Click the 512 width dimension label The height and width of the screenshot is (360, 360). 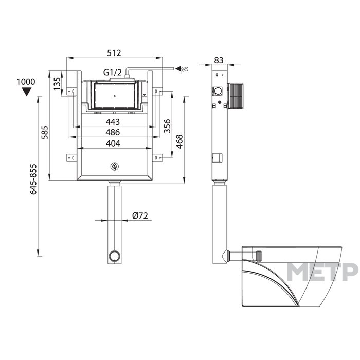coord(114,53)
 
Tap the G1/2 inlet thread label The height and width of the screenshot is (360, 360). coord(113,73)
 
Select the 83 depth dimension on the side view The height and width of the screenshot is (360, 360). coord(219,60)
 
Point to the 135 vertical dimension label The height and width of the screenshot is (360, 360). coord(57,83)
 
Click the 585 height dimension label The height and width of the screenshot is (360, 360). coord(45,132)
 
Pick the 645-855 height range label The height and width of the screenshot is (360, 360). coord(33,179)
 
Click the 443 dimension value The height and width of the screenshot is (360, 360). coord(113,122)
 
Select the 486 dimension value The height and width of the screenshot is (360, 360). coord(113,132)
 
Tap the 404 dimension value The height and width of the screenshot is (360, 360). coord(113,143)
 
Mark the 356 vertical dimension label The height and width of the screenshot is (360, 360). coord(167,126)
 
